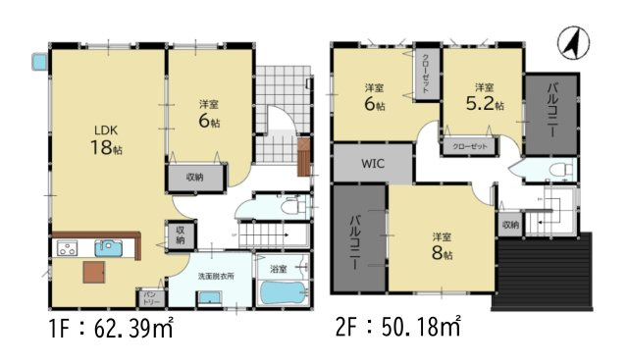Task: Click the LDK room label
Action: (106, 129)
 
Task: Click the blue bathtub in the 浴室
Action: (285, 292)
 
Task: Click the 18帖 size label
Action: (105, 149)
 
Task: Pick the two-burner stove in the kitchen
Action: (68, 249)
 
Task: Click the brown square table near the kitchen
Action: (93, 271)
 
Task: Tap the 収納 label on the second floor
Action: (509, 225)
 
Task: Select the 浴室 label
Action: (277, 268)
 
